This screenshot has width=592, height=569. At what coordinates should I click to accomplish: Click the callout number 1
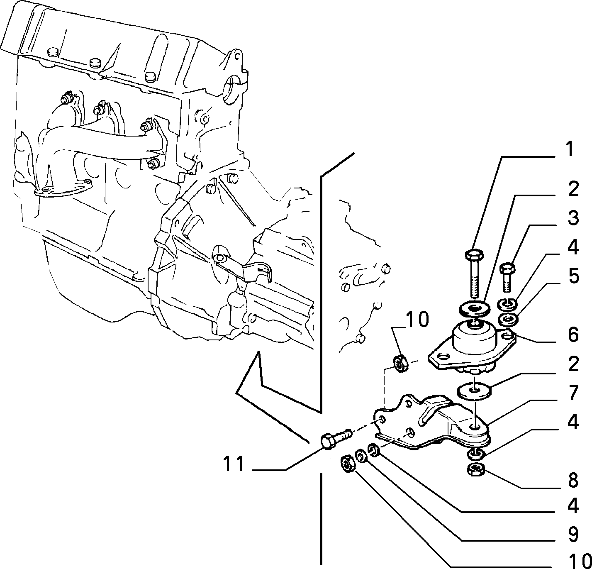click(569, 149)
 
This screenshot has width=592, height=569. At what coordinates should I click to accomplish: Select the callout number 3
click(573, 218)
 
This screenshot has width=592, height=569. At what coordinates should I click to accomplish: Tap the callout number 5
click(573, 276)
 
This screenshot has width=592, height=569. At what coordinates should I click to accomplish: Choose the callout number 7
click(573, 393)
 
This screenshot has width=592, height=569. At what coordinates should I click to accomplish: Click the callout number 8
click(573, 480)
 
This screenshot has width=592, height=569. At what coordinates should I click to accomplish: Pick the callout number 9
click(573, 537)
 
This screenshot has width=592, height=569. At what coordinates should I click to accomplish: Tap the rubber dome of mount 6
click(473, 339)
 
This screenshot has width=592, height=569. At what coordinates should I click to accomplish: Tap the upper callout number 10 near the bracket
click(417, 320)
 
